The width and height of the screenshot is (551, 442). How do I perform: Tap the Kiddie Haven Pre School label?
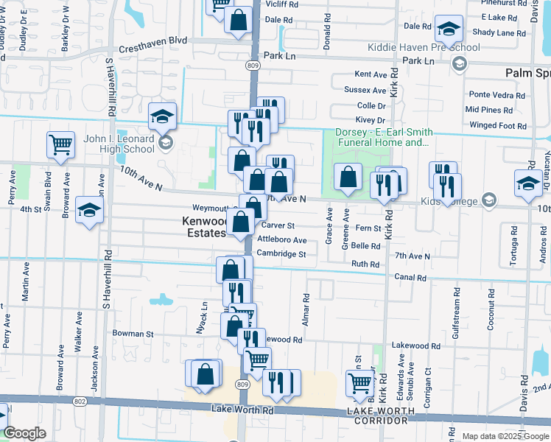point(424,48)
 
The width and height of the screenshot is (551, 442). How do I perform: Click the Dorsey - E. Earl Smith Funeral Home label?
point(382,138)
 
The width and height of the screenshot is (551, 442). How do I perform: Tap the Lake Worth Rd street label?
point(242,408)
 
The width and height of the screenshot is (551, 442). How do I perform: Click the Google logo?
point(24,433)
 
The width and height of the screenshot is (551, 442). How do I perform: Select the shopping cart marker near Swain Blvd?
point(61,144)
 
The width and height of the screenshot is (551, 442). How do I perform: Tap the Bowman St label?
point(133,334)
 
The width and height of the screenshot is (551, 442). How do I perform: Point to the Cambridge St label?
point(281,254)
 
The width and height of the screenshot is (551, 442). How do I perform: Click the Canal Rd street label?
point(411,278)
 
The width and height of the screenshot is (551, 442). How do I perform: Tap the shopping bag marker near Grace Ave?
point(348,178)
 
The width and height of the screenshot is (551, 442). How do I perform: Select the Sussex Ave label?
point(365,90)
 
